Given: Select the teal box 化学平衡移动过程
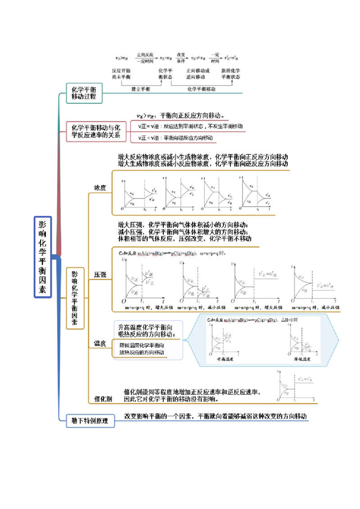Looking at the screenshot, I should coord(84,93).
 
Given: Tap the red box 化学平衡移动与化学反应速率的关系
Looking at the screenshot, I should coord(96,131).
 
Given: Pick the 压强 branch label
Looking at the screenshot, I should coord(100,274).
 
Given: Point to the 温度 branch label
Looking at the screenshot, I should coord(99,344).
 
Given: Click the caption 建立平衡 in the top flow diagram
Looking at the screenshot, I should coord(140,89).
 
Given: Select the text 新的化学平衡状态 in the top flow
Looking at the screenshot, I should coord(230,74).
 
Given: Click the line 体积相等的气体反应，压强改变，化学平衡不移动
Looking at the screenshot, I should coord(184,239).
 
